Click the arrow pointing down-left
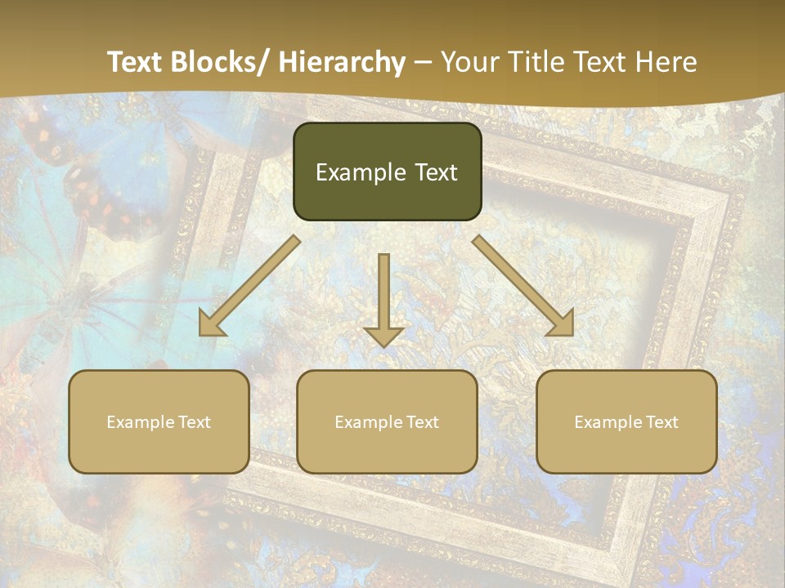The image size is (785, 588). [x=249, y=286]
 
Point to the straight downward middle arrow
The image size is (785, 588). [x=384, y=298]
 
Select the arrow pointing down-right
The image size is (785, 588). [x=523, y=286]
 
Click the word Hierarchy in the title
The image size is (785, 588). [x=342, y=62]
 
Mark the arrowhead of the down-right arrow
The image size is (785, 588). [x=562, y=323]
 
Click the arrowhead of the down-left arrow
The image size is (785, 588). [x=211, y=323]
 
